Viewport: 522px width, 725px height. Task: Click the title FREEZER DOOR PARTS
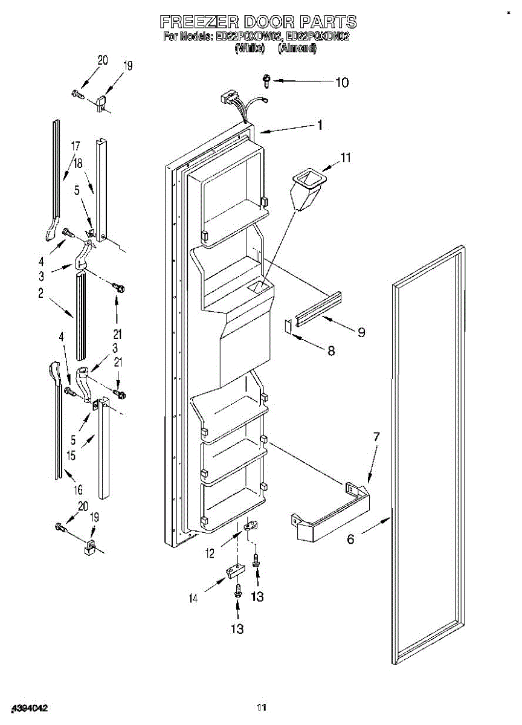258,22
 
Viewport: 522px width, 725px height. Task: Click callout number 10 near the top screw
342,82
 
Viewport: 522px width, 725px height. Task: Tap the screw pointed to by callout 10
266,79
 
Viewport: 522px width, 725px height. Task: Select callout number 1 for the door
320,125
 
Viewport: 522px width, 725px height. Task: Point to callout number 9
361,332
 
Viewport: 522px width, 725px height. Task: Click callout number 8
331,350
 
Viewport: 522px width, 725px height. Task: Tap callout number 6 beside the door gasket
350,540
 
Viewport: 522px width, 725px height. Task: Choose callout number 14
193,599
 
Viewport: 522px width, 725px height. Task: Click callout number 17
76,146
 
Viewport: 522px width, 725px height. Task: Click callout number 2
41,293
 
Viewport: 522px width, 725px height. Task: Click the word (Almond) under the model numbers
297,48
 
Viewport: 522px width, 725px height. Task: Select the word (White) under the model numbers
250,48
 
